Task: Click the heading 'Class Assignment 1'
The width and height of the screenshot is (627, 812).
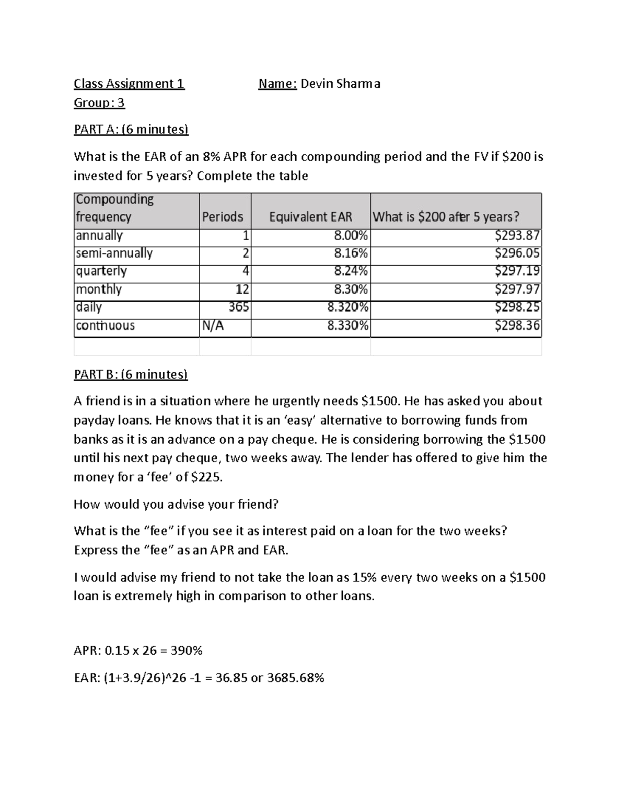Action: pyautogui.click(x=129, y=84)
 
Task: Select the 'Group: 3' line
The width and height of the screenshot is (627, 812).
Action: pyautogui.click(x=99, y=102)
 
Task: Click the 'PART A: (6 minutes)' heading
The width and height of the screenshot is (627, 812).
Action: pyautogui.click(x=131, y=129)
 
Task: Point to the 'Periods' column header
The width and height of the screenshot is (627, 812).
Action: pyautogui.click(x=223, y=216)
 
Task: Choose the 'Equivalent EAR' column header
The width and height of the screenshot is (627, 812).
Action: pyautogui.click(x=310, y=216)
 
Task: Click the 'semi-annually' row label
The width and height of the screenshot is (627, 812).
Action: pyautogui.click(x=114, y=254)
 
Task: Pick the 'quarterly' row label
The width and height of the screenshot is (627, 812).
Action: pyautogui.click(x=101, y=271)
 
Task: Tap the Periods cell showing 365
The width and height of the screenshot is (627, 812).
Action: pyautogui.click(x=239, y=307)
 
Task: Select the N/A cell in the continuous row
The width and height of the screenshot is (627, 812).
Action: pyautogui.click(x=213, y=326)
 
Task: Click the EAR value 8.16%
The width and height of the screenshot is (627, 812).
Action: pyautogui.click(x=351, y=254)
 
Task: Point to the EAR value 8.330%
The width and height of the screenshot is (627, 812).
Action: pyautogui.click(x=348, y=326)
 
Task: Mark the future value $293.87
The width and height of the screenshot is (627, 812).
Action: pyautogui.click(x=517, y=236)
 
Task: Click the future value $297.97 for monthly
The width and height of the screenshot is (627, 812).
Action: pyautogui.click(x=517, y=290)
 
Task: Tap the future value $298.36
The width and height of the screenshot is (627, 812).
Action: pyautogui.click(x=517, y=326)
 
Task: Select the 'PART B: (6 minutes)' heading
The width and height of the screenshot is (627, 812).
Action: pyautogui.click(x=131, y=374)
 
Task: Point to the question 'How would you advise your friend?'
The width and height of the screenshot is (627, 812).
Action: pyautogui.click(x=176, y=504)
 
